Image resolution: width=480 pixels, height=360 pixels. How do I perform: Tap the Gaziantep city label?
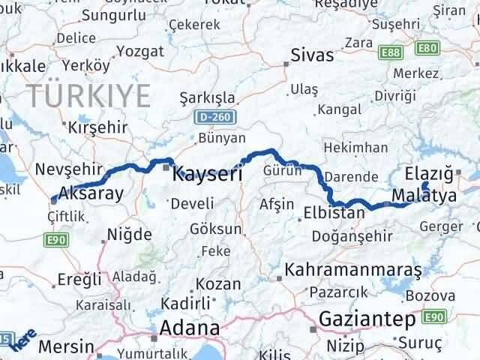click(x=367, y=319)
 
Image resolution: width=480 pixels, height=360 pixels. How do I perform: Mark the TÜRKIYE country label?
click(x=88, y=94)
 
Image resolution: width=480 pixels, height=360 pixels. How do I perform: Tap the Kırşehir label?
click(x=98, y=127)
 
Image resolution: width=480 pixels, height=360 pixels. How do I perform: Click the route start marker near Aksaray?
click(x=53, y=199)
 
